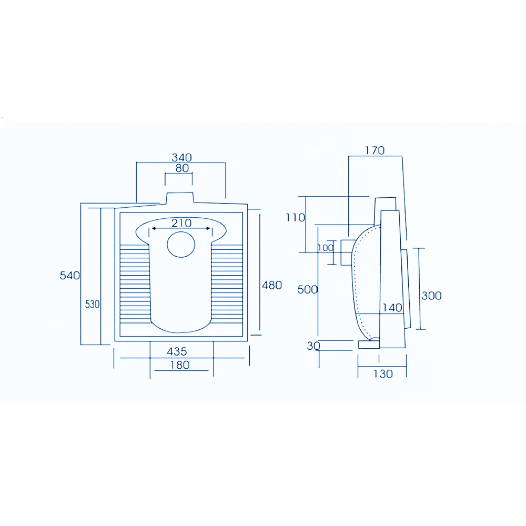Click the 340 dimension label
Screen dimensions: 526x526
(x=182, y=157)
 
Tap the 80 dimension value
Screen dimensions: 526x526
(x=182, y=168)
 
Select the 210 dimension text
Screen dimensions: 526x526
(x=181, y=223)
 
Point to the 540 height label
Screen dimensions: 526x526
(x=70, y=276)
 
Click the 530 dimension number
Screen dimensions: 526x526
(x=92, y=304)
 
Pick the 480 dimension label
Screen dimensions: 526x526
(x=272, y=285)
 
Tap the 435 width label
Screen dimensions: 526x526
(x=177, y=351)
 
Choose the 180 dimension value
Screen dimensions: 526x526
(x=180, y=365)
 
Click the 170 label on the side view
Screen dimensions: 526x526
(x=375, y=150)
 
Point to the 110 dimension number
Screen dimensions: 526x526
(x=295, y=217)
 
